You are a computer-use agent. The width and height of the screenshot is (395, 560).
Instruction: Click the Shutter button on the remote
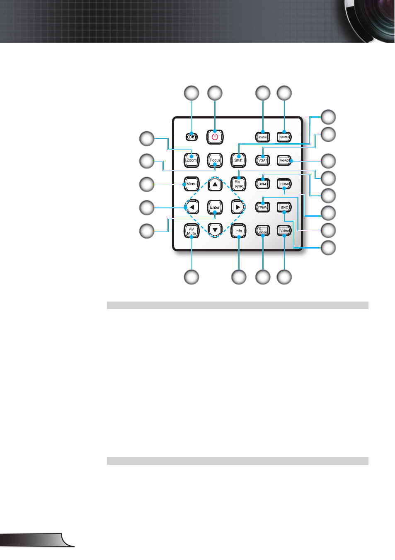pos(262,137)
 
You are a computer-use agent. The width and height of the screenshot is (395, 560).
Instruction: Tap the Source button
pos(284,137)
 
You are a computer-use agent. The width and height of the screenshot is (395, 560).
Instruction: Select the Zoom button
pos(191,160)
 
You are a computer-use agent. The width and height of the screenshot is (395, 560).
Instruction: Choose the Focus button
pos(215,160)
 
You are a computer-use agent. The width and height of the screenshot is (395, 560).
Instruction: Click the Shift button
pos(238,160)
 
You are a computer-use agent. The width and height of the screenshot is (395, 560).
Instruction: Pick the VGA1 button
pos(262,160)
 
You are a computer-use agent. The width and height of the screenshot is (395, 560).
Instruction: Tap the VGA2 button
pos(284,160)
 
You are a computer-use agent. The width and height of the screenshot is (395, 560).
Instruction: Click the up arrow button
pos(215,184)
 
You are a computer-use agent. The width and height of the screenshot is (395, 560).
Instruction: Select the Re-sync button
pos(238,184)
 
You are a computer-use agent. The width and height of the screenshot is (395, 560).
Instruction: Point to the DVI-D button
pos(262,184)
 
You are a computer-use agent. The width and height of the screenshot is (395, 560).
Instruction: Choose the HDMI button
pos(284,184)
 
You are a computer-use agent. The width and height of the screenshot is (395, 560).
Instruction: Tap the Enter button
pos(215,207)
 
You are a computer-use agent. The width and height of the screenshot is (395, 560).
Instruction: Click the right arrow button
pos(237,207)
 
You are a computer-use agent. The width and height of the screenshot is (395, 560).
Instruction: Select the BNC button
pos(284,207)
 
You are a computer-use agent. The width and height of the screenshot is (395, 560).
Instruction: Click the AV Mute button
pos(191,231)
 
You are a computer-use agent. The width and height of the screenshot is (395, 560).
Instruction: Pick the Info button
pos(238,231)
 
